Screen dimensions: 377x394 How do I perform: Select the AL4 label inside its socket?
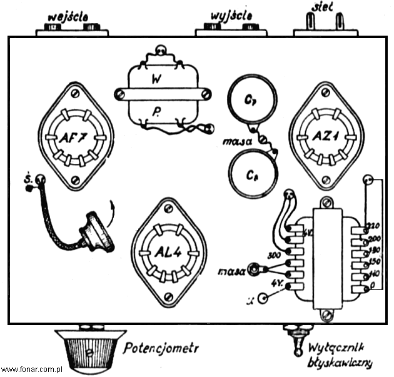pos(167,253)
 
